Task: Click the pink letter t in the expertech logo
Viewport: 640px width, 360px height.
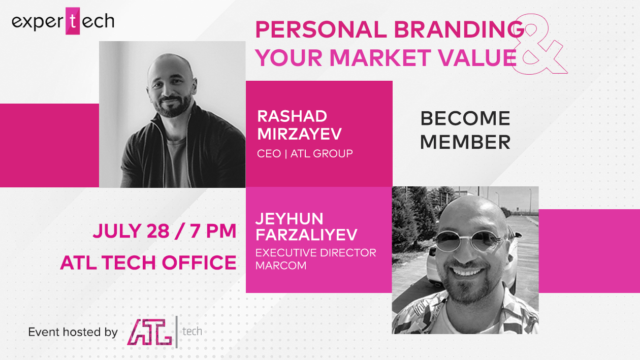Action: pos(73,21)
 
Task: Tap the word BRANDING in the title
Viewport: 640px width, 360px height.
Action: pos(459,29)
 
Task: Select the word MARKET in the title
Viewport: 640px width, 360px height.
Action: pos(380,57)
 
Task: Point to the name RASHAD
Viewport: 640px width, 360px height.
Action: pos(292,116)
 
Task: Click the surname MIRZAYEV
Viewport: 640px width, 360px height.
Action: pos(300,134)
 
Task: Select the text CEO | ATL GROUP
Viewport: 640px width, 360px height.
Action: pos(305,153)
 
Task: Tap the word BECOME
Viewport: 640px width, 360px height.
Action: pos(465,118)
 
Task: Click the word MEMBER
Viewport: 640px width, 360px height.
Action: pos(465,142)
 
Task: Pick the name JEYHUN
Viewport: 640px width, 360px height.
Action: pos(289,218)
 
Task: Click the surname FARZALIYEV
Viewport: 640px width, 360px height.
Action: pos(306,235)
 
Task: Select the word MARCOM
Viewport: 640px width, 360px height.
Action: pos(281,266)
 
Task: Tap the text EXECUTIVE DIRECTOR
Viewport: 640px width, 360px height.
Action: pos(316,252)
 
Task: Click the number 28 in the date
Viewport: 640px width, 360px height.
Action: pos(158,231)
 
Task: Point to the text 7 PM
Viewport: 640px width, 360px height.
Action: pos(213,231)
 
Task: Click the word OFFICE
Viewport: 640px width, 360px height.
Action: pos(200,263)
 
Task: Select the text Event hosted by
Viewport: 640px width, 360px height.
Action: pos(73,332)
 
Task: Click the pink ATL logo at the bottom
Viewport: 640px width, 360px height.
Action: pos(150,332)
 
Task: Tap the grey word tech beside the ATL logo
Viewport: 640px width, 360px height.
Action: pos(193,332)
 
